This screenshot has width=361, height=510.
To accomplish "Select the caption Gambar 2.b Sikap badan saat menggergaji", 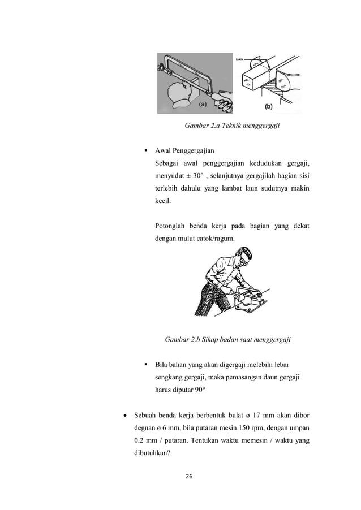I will click(x=227, y=340).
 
